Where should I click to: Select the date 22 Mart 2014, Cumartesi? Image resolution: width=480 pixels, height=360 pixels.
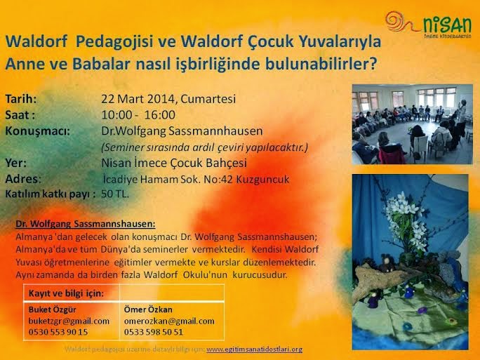[168, 99]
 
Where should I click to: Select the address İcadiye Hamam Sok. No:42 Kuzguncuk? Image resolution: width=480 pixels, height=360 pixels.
[196, 179]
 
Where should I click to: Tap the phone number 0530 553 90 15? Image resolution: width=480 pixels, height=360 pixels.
[58, 331]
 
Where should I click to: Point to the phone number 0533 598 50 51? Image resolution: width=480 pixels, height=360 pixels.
[154, 331]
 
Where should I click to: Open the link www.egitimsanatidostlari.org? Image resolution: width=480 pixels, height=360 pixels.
[255, 349]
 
